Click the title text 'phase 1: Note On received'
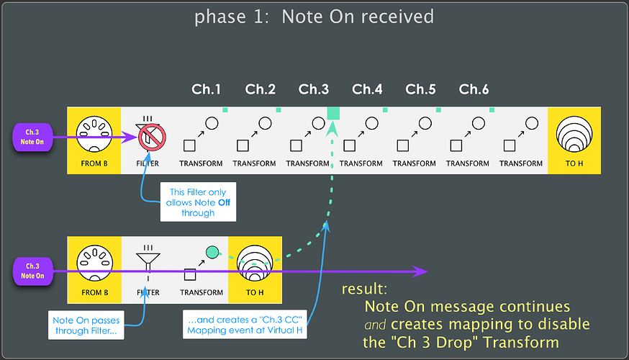click(314, 16)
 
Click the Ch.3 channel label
click(314, 89)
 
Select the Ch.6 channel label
click(474, 89)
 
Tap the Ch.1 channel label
click(207, 89)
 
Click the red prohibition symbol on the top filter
click(153, 136)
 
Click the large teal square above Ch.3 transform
click(333, 112)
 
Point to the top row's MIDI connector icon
click(95, 135)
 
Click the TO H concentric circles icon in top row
click(574, 135)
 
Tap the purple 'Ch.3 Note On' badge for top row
click(33, 137)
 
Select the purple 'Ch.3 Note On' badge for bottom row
click(33, 271)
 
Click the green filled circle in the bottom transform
click(212, 252)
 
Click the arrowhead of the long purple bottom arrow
click(422, 271)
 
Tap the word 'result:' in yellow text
click(363, 289)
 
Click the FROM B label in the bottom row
click(95, 293)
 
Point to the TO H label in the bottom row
click(255, 293)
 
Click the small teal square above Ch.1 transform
click(225, 109)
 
